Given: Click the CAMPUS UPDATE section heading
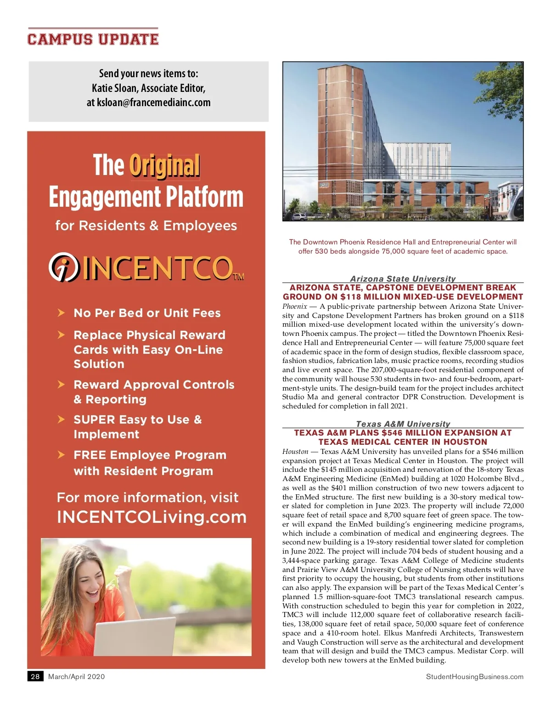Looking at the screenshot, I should click(x=93, y=39).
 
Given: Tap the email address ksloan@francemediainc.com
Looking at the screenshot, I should click(x=154, y=102).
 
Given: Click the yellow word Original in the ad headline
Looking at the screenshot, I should click(x=164, y=165).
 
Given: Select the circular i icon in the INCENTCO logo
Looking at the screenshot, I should click(x=64, y=267).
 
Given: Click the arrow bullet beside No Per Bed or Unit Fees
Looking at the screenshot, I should click(x=61, y=313).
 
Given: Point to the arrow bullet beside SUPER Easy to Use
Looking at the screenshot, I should click(x=61, y=419).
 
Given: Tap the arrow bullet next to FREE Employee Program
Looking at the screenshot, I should click(x=61, y=455).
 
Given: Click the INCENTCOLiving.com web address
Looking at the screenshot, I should click(x=152, y=517).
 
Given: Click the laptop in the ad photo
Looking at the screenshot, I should click(x=135, y=636).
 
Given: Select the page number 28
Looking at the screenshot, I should click(x=35, y=676).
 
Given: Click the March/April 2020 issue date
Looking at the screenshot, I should click(x=76, y=676).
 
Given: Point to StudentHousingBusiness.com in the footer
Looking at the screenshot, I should click(x=474, y=676).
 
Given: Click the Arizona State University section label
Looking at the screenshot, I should click(x=403, y=278).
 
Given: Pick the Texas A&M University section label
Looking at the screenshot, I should click(x=403, y=424).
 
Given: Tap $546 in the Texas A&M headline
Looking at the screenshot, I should click(x=392, y=433).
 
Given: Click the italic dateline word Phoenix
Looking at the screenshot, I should click(x=294, y=306).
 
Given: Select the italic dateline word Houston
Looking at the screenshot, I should click(x=295, y=452).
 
